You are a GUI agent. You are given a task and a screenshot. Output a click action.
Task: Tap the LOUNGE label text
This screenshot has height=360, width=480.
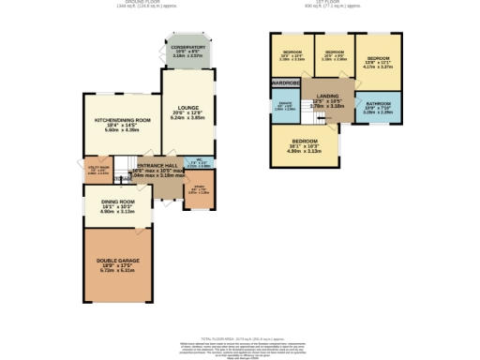(x=187, y=109)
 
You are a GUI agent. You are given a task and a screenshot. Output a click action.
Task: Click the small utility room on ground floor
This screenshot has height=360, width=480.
(x=97, y=172)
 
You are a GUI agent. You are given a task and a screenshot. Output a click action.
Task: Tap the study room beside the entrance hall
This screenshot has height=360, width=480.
(x=198, y=193)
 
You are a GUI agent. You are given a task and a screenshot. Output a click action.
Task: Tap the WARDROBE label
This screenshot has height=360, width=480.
(x=285, y=83)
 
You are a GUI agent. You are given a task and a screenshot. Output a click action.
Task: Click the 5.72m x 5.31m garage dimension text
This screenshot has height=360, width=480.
(x=116, y=270)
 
